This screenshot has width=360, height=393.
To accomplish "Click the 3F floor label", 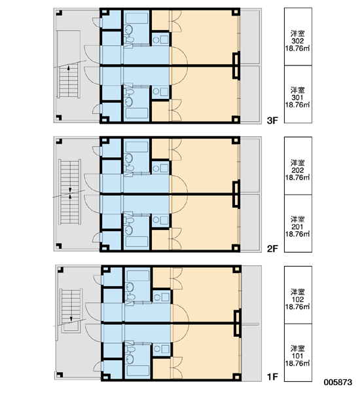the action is [x=272, y=121].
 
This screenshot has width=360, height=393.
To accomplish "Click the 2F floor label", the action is [x=272, y=249].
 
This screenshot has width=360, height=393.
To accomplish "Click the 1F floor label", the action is [x=272, y=377].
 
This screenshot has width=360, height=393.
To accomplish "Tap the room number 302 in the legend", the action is [x=298, y=41].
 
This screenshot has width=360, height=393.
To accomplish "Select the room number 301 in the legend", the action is [x=298, y=98].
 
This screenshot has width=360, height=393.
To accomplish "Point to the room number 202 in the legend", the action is [x=298, y=170].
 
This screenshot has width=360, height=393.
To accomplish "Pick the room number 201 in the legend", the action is [x=298, y=227].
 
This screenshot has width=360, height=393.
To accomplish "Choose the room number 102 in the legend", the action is [x=298, y=299].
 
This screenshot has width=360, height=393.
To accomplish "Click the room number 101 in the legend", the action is [x=298, y=356].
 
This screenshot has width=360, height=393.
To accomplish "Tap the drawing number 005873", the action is [x=338, y=383].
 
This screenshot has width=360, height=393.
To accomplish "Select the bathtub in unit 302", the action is [x=137, y=18].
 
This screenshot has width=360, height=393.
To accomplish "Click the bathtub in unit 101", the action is [x=138, y=371].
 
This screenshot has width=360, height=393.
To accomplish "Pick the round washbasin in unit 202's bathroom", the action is [x=128, y=158].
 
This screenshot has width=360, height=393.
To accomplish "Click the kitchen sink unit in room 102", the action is [x=162, y=297].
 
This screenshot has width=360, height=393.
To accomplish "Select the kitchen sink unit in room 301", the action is [x=160, y=92].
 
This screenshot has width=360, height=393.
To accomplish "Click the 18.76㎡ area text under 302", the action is [x=298, y=48].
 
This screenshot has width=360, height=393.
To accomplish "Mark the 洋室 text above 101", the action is [x=298, y=348].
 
